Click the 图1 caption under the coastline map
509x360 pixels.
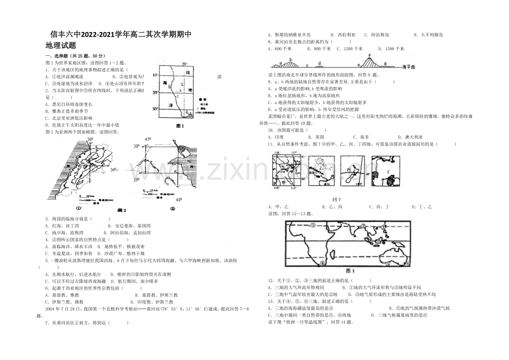click(179, 126)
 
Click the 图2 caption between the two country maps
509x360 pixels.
click(122, 210)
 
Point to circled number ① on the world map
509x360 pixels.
click(312, 226)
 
